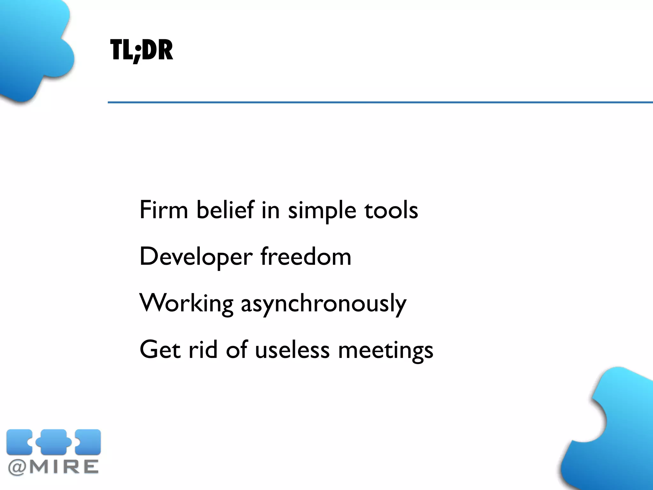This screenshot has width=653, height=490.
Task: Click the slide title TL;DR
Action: (142, 50)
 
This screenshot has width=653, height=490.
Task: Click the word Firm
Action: (164, 210)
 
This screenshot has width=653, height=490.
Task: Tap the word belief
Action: (225, 210)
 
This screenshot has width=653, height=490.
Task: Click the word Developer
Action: (196, 257)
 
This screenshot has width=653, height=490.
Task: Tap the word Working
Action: (187, 304)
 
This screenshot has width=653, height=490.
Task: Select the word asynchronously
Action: (324, 304)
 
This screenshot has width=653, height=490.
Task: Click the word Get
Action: (160, 350)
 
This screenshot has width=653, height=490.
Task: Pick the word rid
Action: (203, 350)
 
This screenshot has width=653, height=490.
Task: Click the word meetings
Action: (385, 351)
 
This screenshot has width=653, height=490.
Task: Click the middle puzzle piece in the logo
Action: (54, 442)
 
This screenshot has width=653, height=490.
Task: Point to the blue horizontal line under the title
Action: (379, 102)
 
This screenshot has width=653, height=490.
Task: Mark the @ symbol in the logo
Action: (18, 468)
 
